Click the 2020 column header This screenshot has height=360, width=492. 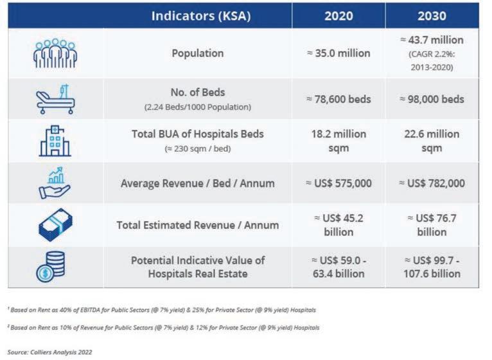click(338, 15)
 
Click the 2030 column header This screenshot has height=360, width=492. click(432, 15)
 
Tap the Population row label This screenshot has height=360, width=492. click(197, 53)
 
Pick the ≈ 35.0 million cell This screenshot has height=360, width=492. click(338, 53)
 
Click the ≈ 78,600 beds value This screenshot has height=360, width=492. click(338, 99)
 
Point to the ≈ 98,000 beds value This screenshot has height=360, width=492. click(432, 99)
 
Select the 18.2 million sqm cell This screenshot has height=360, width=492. click(338, 141)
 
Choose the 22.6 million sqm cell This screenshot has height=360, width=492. click(432, 141)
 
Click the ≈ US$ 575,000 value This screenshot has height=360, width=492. click(338, 183)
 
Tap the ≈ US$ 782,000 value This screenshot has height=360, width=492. click(432, 183)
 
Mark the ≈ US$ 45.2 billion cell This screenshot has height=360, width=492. click(338, 224)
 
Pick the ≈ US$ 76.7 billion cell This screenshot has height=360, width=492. click(432, 224)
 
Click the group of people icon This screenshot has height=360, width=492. click(55, 53)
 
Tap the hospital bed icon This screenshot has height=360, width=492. click(55, 98)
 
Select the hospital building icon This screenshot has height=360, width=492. click(55, 140)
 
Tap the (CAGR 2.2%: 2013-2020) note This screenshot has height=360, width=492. click(432, 60)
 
